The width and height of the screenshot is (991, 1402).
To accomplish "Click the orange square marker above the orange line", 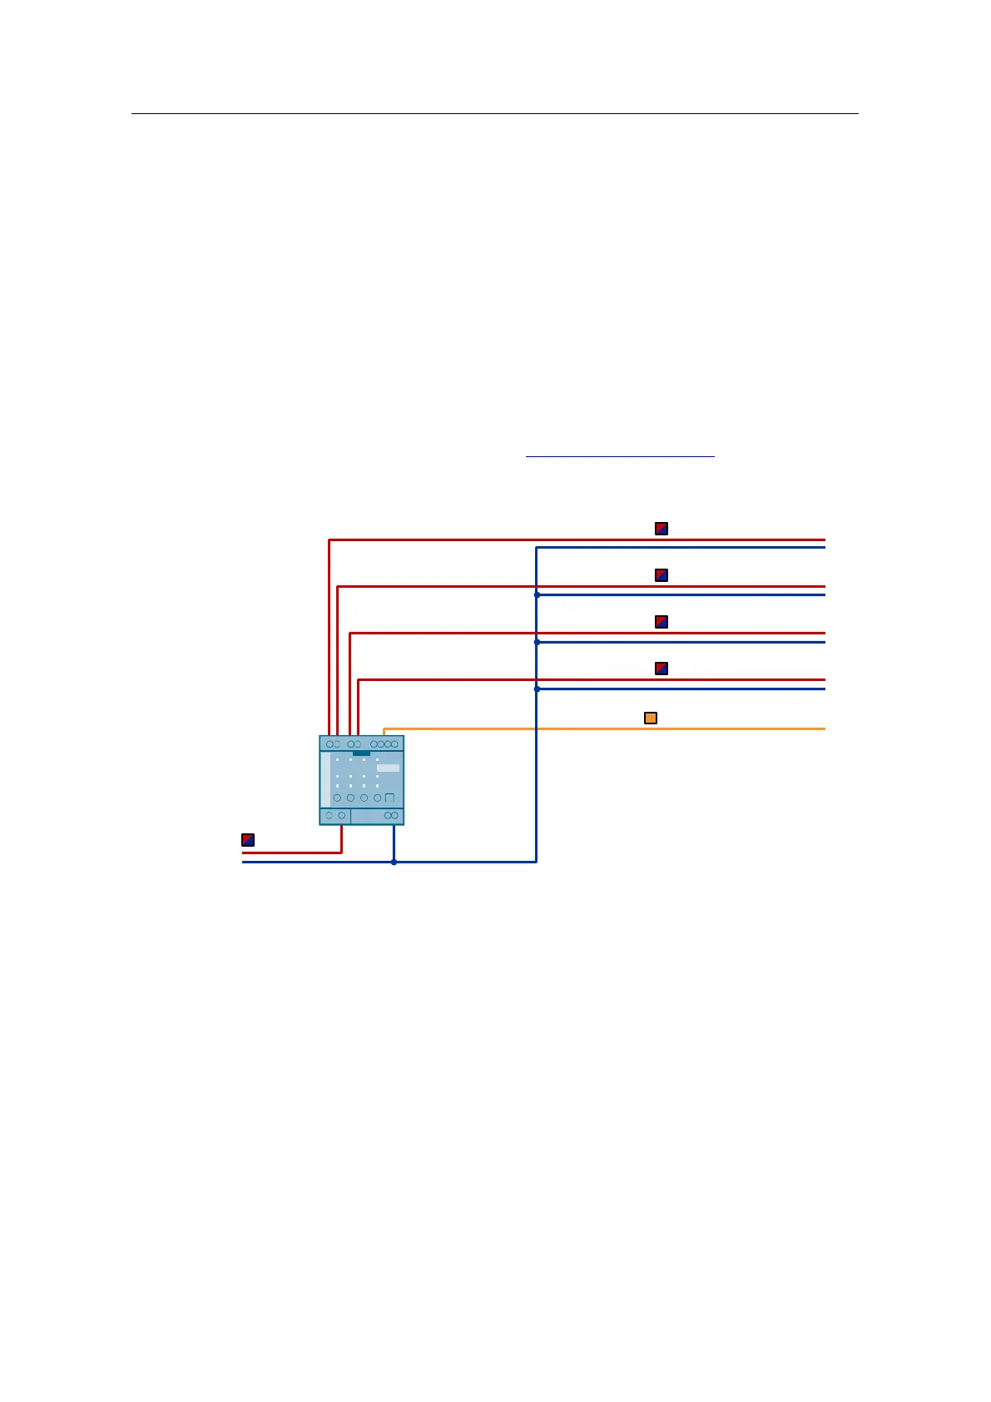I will click(x=651, y=718).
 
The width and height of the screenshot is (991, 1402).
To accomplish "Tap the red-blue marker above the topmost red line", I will click(x=661, y=529).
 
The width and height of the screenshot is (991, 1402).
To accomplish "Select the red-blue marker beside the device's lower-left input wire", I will click(x=248, y=839).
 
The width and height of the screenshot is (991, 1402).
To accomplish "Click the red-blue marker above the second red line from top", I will click(x=661, y=575).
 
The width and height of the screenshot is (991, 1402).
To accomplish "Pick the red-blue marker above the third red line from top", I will click(x=661, y=622).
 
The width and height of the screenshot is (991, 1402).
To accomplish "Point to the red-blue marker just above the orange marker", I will click(x=661, y=669).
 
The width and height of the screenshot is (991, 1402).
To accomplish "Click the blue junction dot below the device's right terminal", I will click(x=394, y=862).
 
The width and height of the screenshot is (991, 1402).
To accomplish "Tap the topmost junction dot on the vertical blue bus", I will click(x=537, y=595).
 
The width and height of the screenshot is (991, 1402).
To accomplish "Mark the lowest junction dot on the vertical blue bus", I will click(x=537, y=689).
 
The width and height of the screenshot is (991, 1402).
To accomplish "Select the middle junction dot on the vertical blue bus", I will click(x=537, y=643).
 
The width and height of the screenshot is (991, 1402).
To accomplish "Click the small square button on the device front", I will click(x=389, y=798).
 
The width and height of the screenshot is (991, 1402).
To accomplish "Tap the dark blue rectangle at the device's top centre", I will click(x=361, y=753).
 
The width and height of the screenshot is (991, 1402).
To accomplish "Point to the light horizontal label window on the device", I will click(x=388, y=768).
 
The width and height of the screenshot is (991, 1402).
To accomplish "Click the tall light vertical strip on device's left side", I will click(x=325, y=779).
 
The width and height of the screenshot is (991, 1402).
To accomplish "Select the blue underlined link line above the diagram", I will click(x=620, y=456).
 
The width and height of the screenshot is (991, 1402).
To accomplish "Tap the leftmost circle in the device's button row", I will click(x=337, y=798).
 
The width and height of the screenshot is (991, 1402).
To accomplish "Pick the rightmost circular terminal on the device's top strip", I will click(x=394, y=743).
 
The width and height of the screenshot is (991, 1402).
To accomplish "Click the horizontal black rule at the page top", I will click(x=494, y=113).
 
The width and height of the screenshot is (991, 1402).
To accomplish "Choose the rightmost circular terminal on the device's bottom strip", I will click(x=394, y=815).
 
